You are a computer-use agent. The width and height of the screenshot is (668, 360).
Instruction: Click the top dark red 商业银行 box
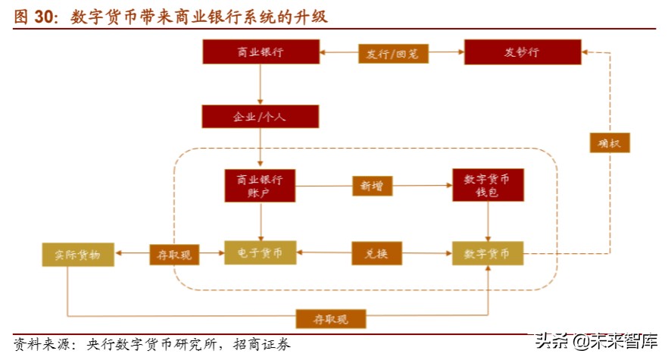[x=261, y=52]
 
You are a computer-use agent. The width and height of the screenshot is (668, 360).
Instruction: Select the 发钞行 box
[x=522, y=52]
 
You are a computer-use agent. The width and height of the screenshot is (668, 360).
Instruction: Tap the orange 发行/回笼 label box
[x=392, y=53]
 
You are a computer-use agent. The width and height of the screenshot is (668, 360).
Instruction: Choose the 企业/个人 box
[x=260, y=117]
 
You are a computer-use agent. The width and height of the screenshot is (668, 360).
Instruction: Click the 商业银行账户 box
[x=260, y=186]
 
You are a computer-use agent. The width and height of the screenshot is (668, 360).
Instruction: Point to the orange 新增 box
[x=372, y=186]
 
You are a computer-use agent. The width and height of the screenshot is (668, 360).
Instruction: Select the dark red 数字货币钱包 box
[x=488, y=186]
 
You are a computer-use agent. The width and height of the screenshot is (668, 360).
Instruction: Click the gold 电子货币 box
[x=260, y=253]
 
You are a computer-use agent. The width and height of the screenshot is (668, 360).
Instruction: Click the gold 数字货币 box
[x=488, y=253]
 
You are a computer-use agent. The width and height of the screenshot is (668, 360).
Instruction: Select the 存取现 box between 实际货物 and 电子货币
[x=174, y=255]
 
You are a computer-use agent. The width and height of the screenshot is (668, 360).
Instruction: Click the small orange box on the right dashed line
[x=608, y=142]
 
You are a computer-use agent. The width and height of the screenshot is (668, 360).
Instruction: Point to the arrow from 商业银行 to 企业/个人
[x=260, y=85]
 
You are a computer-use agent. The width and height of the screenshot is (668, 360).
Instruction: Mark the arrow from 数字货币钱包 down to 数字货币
[x=488, y=221]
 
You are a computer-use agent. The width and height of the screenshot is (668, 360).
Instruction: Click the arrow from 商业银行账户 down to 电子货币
[x=260, y=221]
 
